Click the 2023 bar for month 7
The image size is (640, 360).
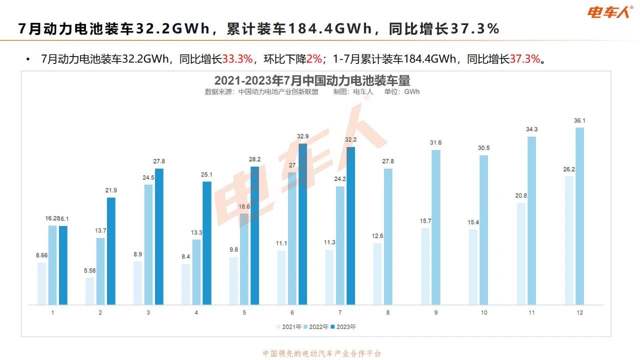350,225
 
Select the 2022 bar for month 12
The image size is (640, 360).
580,216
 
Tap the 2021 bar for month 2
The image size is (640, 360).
89,291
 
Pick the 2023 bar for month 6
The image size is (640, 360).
302,224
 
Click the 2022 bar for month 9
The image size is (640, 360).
436,227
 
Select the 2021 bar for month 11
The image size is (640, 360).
521,253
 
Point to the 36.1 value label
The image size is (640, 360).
579,120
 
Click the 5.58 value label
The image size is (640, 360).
90,270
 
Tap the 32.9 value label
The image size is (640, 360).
302,136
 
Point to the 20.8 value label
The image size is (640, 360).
520,195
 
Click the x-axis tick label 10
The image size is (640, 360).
484,312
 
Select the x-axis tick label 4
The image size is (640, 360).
196,312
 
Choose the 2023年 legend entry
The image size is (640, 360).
343,327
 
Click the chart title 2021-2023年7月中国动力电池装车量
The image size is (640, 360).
312,80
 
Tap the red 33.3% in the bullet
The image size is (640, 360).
237,59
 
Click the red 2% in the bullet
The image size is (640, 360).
314,59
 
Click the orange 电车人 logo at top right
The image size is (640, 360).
609,12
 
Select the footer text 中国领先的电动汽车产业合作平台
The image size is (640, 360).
322,353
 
